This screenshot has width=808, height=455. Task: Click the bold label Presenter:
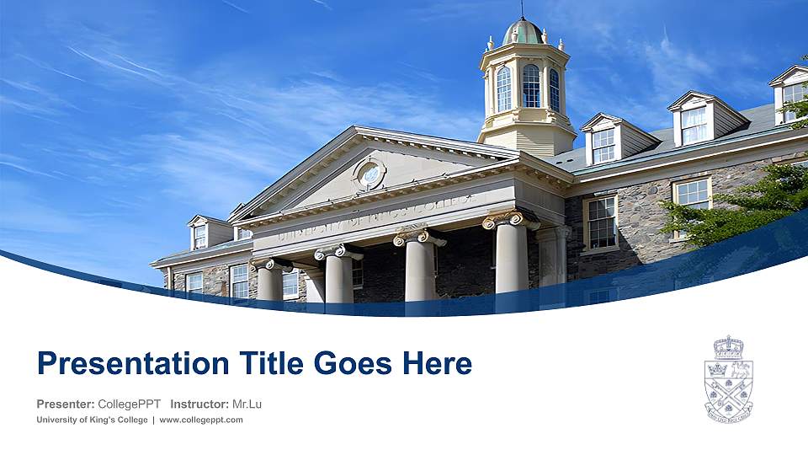(x=66, y=404)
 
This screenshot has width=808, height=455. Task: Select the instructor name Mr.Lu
(x=247, y=404)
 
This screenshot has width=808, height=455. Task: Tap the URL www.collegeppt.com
(x=201, y=420)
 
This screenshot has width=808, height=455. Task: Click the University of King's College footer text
(x=93, y=420)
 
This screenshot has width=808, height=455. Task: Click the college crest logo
(x=728, y=379)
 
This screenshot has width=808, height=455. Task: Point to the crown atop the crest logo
(x=728, y=346)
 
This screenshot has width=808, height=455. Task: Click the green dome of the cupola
(x=523, y=33)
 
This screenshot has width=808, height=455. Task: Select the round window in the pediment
(x=369, y=174)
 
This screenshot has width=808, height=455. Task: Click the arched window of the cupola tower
(x=530, y=87)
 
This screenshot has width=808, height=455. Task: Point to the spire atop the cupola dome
(x=522, y=10)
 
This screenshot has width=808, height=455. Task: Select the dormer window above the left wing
(x=200, y=235)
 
